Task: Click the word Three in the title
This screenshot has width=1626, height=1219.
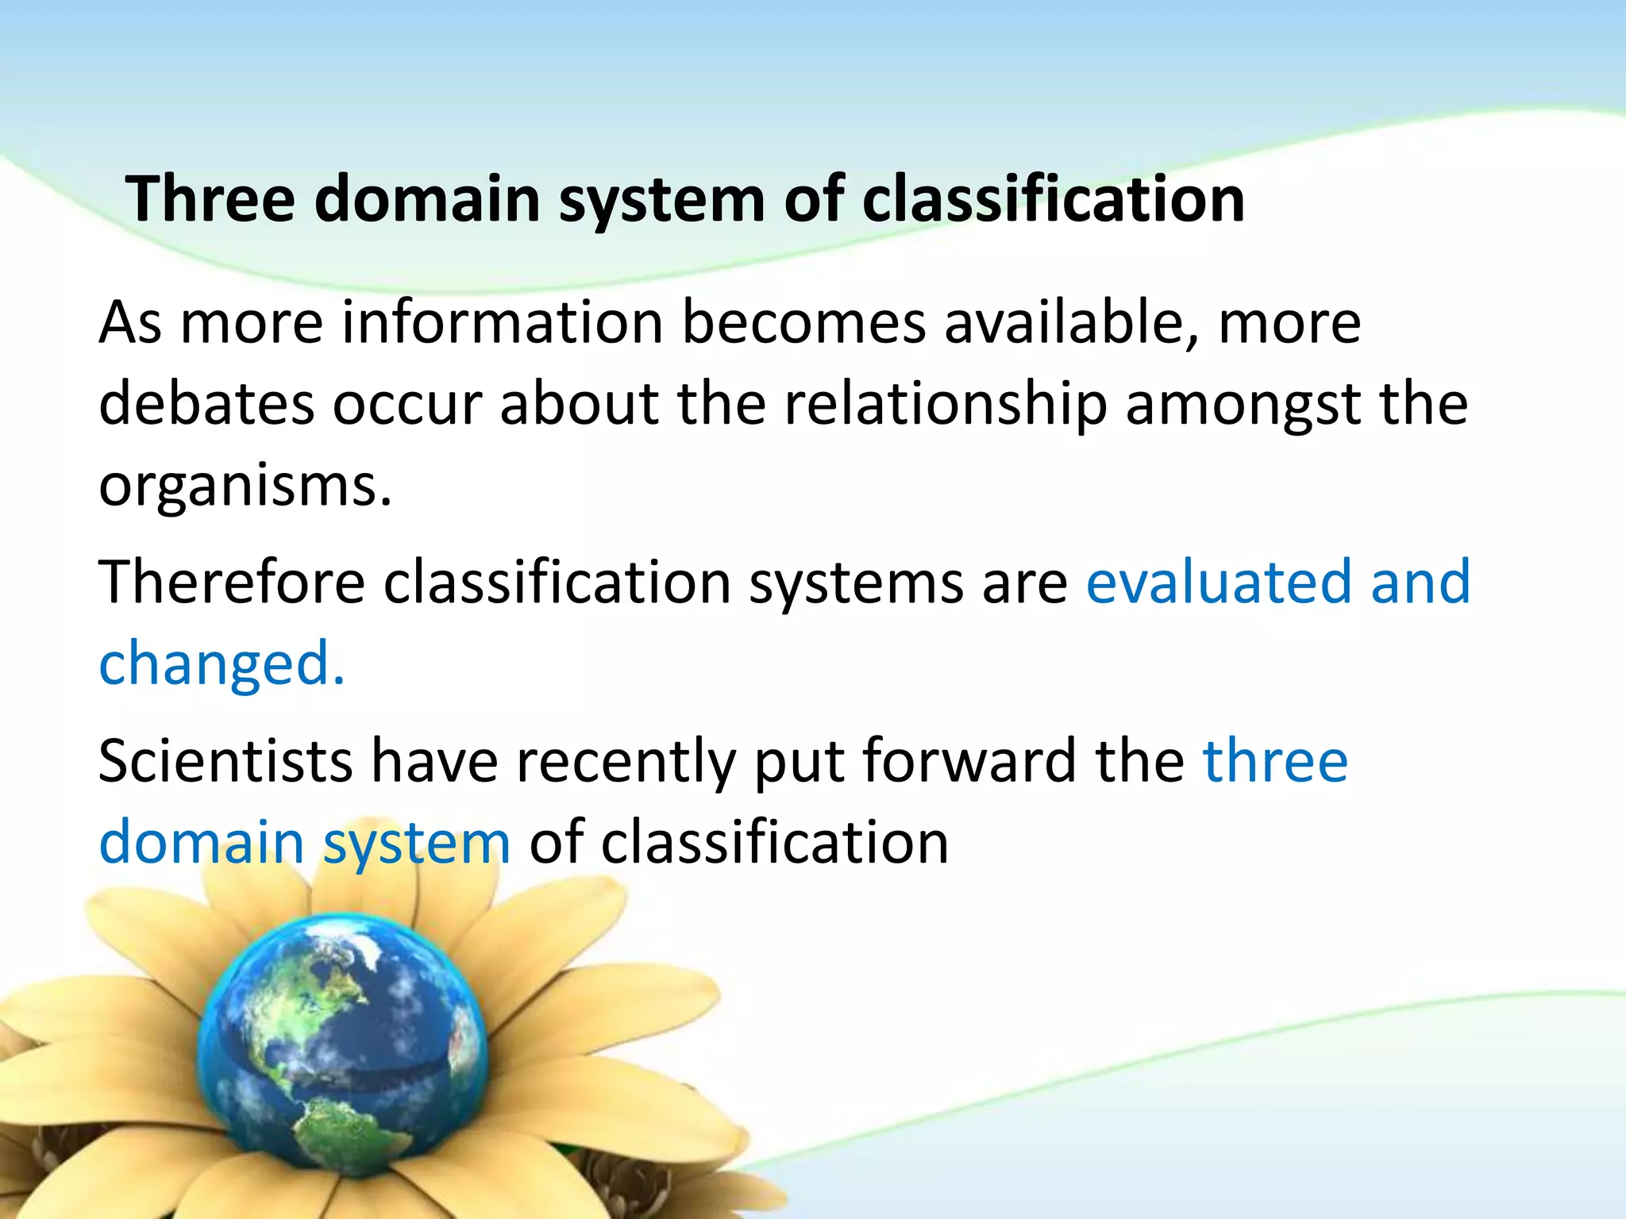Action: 210,199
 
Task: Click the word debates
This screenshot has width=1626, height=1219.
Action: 206,405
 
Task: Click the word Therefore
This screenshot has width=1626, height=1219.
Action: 231,583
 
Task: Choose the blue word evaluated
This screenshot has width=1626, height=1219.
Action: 1219,583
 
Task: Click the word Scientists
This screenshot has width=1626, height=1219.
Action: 225,761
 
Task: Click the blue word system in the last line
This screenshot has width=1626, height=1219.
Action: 416,844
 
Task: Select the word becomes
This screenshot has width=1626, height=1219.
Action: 803,323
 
